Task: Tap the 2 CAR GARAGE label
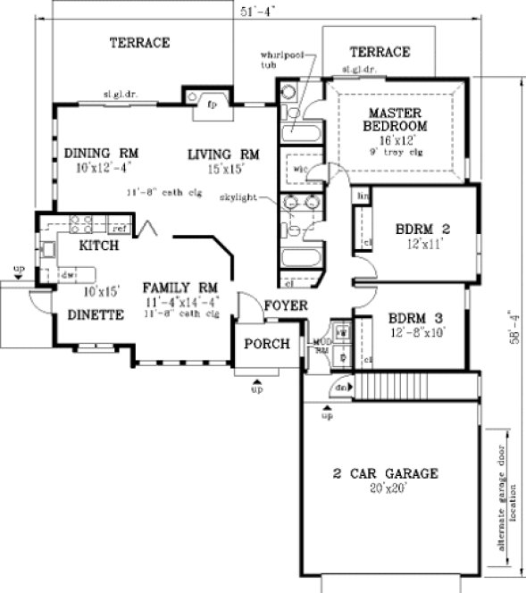pos(384,473)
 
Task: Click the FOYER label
pos(286,306)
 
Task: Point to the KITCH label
pos(100,245)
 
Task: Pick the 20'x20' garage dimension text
pos(384,489)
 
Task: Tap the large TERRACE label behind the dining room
pos(139,42)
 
